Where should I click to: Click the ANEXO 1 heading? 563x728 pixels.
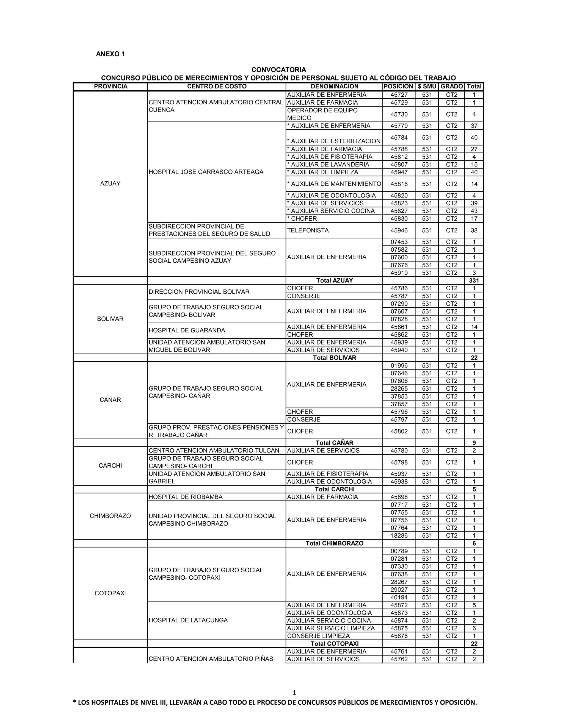(111, 54)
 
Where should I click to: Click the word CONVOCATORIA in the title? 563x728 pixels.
(278, 70)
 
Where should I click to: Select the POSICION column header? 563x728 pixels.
(398, 87)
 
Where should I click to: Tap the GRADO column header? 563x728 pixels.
(452, 87)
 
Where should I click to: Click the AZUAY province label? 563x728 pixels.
(110, 183)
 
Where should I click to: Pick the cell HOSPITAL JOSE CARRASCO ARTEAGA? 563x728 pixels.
(206, 172)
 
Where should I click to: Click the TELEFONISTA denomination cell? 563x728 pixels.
(308, 230)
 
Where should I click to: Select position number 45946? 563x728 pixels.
(399, 230)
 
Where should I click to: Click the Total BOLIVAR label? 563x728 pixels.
(334, 358)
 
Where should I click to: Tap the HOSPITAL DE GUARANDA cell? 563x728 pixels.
(187, 330)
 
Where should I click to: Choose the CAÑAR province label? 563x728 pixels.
(110, 400)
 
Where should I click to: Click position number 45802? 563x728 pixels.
(399, 431)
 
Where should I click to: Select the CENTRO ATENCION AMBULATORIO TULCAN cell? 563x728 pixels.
(214, 451)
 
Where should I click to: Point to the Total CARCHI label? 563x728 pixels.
(335, 489)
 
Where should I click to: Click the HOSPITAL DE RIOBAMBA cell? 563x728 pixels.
(186, 497)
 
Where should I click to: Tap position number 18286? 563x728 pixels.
(399, 536)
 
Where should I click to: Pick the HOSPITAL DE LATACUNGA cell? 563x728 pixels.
(188, 620)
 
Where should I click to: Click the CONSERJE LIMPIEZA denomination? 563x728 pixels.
(318, 636)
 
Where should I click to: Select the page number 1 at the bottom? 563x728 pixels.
(294, 693)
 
